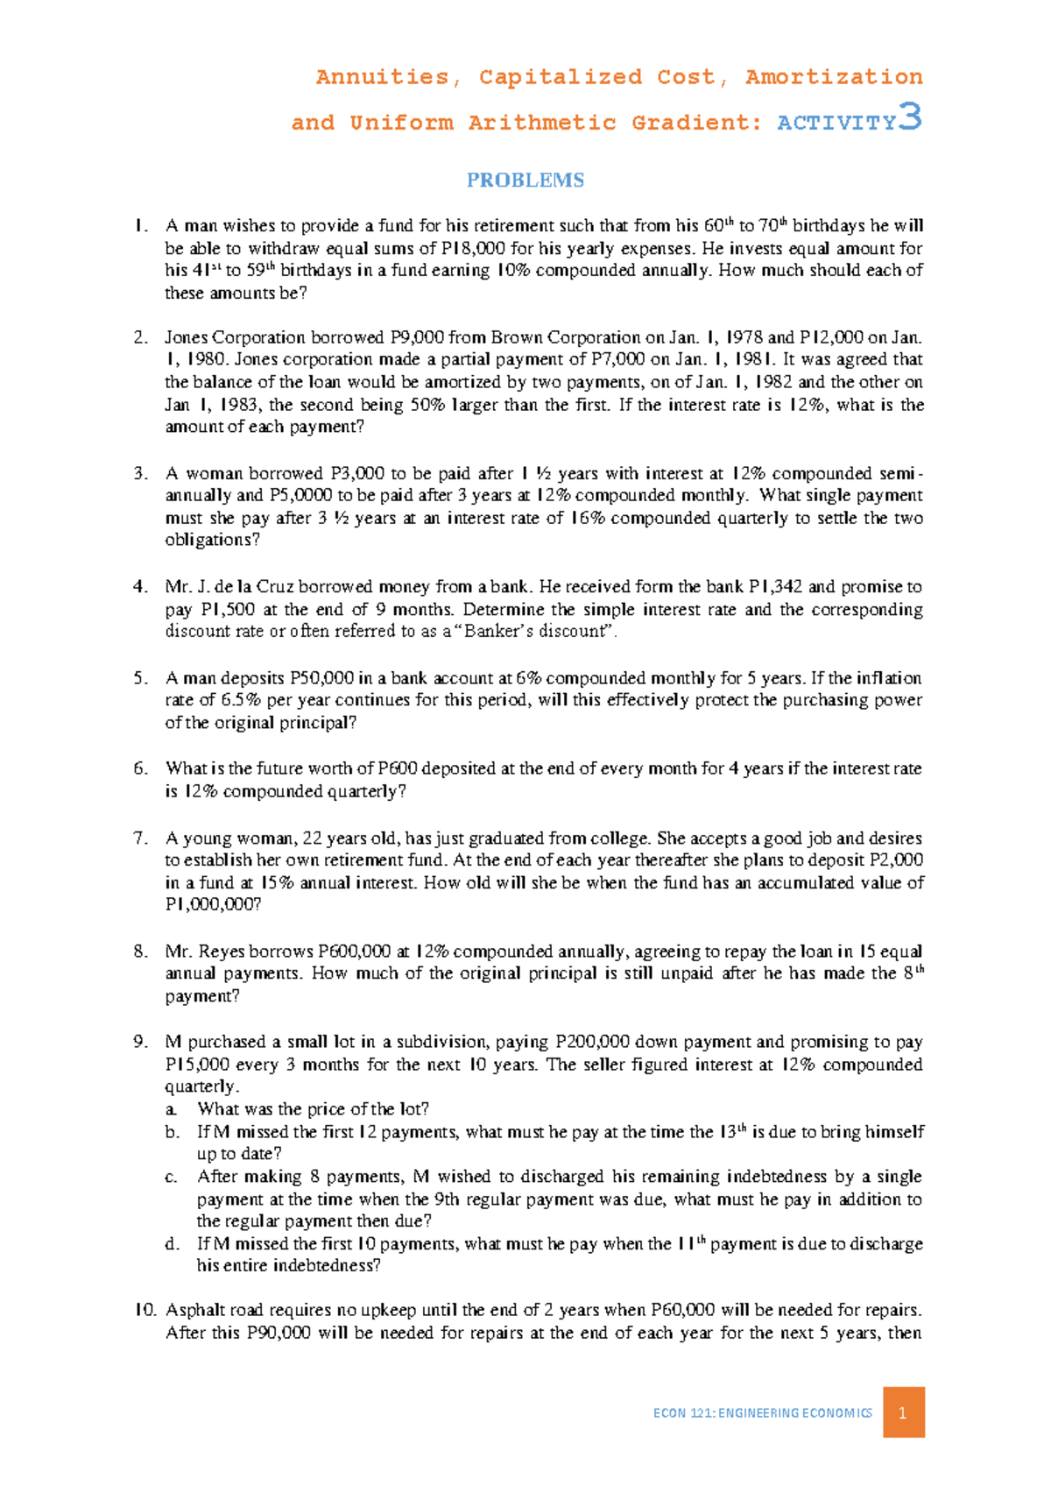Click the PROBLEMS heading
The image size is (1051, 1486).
[x=525, y=180]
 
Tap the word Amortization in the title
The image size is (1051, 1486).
[x=833, y=77]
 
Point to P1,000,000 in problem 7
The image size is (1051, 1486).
[x=213, y=904]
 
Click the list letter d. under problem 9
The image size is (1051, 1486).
[x=173, y=1244]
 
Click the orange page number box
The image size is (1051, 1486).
[x=903, y=1412]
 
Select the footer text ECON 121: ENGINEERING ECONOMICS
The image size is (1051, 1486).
[x=762, y=1413]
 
